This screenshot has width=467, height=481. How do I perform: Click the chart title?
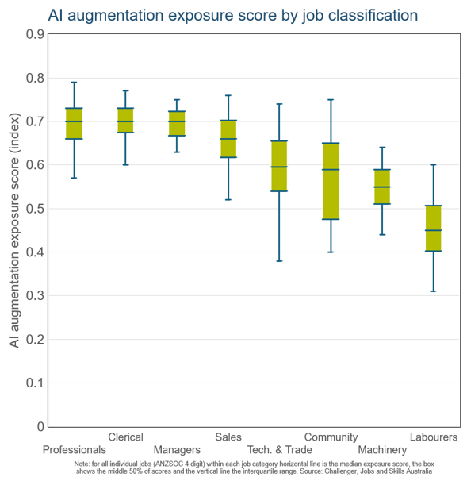click(x=233, y=15)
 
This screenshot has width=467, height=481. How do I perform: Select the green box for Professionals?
click(x=75, y=123)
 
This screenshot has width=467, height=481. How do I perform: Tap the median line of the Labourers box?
click(x=434, y=230)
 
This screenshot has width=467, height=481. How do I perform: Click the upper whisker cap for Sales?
click(x=228, y=95)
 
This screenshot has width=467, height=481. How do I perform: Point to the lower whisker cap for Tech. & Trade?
click(x=279, y=261)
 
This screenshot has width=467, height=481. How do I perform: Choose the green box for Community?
click(x=331, y=181)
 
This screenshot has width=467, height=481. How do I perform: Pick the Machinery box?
click(x=382, y=187)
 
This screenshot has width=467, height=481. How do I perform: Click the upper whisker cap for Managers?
click(x=177, y=100)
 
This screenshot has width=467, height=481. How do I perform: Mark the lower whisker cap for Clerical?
click(x=125, y=165)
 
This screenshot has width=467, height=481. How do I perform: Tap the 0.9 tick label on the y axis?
click(x=35, y=34)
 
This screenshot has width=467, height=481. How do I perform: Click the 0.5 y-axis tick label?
click(x=35, y=209)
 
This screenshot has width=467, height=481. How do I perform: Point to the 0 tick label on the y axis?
click(x=40, y=426)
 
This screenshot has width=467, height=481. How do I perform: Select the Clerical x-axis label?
click(x=125, y=437)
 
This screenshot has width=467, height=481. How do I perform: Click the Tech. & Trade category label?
click(x=279, y=450)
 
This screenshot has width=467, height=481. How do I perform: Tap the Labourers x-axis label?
click(x=434, y=437)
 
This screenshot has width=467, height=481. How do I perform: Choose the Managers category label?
click(x=177, y=450)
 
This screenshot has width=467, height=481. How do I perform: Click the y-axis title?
click(x=14, y=230)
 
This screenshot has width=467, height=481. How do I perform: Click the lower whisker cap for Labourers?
click(x=434, y=291)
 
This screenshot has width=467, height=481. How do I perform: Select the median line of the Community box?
click(x=331, y=169)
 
